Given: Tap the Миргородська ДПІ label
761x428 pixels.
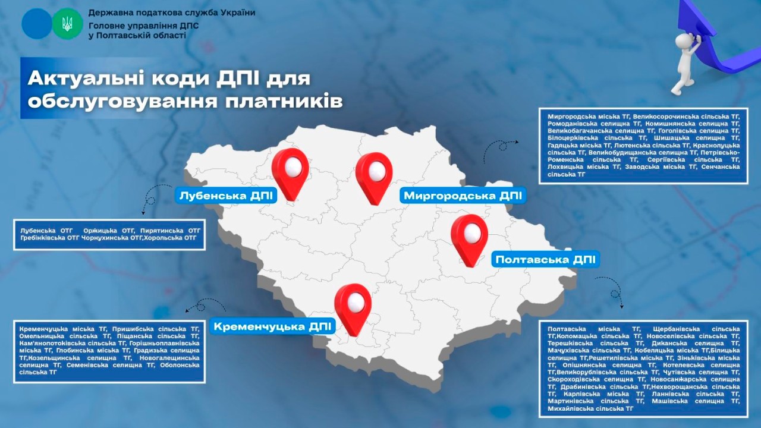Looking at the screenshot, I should click(463, 196).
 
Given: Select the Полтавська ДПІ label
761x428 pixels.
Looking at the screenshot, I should click(545, 260).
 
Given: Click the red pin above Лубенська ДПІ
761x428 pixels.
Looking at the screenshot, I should click(290, 171).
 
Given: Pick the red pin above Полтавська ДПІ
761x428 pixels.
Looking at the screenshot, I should click(469, 238).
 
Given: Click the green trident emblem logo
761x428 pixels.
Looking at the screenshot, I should click(67, 24).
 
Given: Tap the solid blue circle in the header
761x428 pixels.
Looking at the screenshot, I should click(37, 24).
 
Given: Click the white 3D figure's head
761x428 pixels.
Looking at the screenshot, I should click(684, 40).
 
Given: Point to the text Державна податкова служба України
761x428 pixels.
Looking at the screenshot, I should click(171, 12).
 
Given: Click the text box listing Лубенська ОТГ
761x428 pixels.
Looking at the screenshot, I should click(109, 234).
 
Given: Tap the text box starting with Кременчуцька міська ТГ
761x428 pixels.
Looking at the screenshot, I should click(109, 351).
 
